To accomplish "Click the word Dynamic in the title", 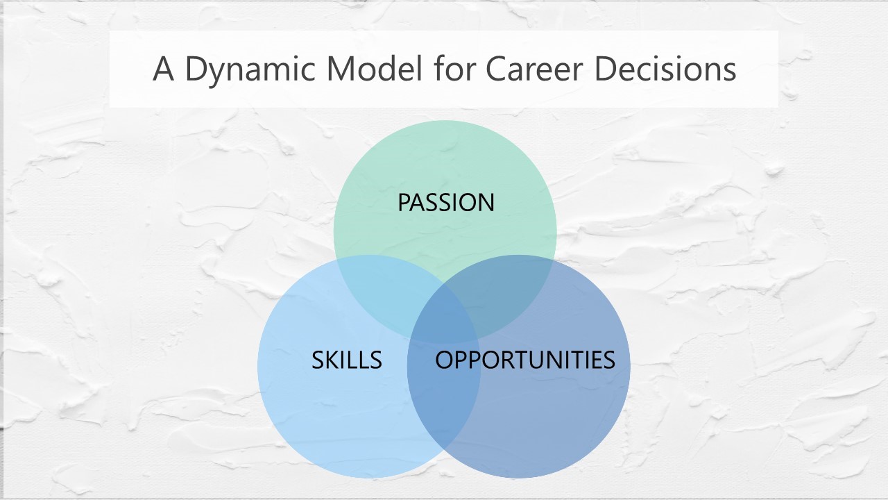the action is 250,70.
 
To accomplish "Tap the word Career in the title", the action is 534,69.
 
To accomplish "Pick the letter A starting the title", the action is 163,69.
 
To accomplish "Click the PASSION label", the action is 446,202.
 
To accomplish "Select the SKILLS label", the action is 346,360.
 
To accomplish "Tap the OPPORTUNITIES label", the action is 525,360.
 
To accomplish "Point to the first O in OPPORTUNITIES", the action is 445,360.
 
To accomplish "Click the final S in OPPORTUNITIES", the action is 608,360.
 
